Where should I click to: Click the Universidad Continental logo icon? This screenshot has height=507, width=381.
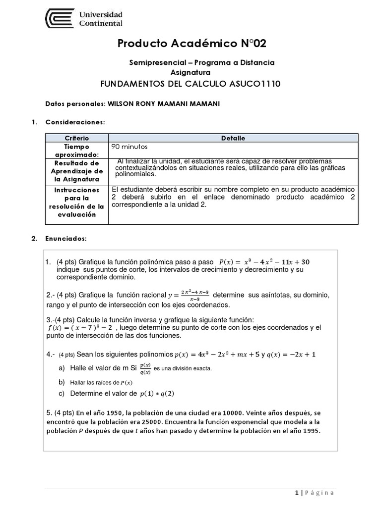[x=61, y=19]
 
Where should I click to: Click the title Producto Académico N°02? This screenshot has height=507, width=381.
[x=191, y=44]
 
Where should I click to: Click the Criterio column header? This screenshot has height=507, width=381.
[x=77, y=138]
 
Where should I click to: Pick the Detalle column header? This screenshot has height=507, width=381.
[x=233, y=138]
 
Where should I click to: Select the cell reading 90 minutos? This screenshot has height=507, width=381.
[x=130, y=147]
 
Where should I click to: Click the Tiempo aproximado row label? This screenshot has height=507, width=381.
[x=77, y=151]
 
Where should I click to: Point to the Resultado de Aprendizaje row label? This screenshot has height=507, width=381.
[x=77, y=171]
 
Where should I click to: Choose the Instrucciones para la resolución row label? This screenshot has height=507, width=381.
[x=77, y=202]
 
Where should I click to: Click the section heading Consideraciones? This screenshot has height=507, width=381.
[x=75, y=121]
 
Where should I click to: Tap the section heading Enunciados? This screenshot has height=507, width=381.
[x=66, y=239]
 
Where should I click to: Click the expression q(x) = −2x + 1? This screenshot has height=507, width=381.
[x=291, y=355]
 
